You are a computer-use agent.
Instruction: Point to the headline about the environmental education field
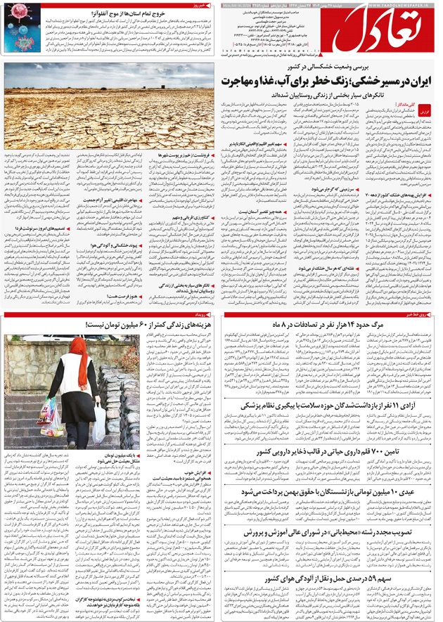(330, 533)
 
